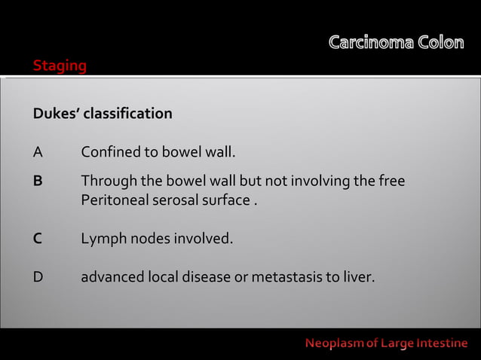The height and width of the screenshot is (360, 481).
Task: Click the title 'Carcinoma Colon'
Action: click(x=396, y=43)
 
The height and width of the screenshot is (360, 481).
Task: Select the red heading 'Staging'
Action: click(x=60, y=66)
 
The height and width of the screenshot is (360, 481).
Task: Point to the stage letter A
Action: click(x=38, y=154)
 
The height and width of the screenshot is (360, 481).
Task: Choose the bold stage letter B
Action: click(x=38, y=182)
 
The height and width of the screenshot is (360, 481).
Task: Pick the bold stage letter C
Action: click(x=38, y=239)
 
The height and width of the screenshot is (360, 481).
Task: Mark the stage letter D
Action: click(x=38, y=277)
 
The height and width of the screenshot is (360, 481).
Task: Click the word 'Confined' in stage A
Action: click(x=110, y=154)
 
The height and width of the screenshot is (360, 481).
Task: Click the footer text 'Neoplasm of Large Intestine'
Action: click(x=386, y=344)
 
